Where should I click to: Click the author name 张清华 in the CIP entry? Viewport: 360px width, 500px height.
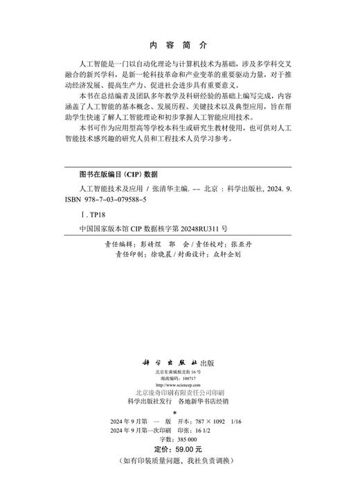tap(169, 188)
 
